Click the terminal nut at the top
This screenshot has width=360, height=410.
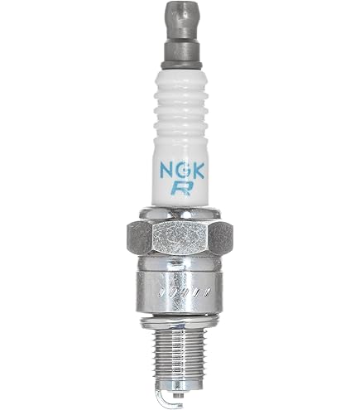coord(180,21)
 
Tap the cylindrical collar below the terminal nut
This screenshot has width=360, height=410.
coord(180,51)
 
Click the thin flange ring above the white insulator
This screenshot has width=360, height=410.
coord(181,65)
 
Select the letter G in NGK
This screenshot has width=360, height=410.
coord(183,171)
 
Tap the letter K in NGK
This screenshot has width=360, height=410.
coord(198,171)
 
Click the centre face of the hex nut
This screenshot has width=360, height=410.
coord(180,237)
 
